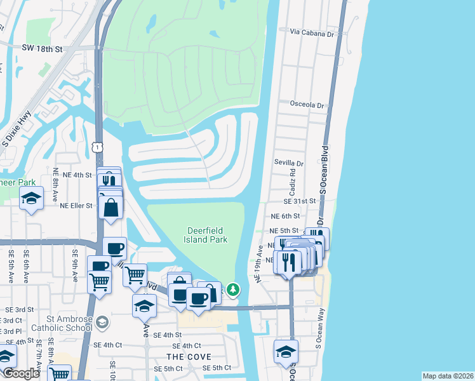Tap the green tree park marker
[x=234, y=290]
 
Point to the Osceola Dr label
[x=307, y=105]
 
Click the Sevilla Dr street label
[x=289, y=163]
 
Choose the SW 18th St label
[x=42, y=48]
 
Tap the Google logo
[x=20, y=373]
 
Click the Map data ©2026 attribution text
[x=447, y=376]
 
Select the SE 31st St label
[x=300, y=201]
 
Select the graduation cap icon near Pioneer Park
[x=31, y=199]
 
